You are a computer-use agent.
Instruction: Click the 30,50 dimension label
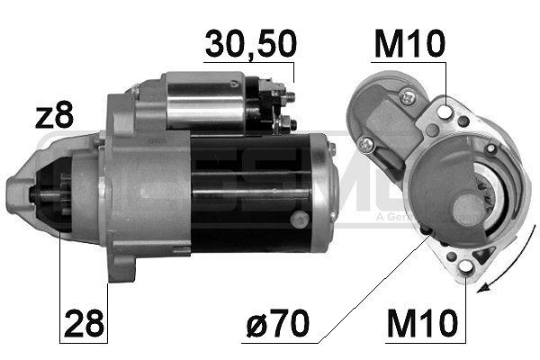(249, 43)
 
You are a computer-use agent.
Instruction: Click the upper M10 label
(408, 43)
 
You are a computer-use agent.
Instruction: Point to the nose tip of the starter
(13, 192)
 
